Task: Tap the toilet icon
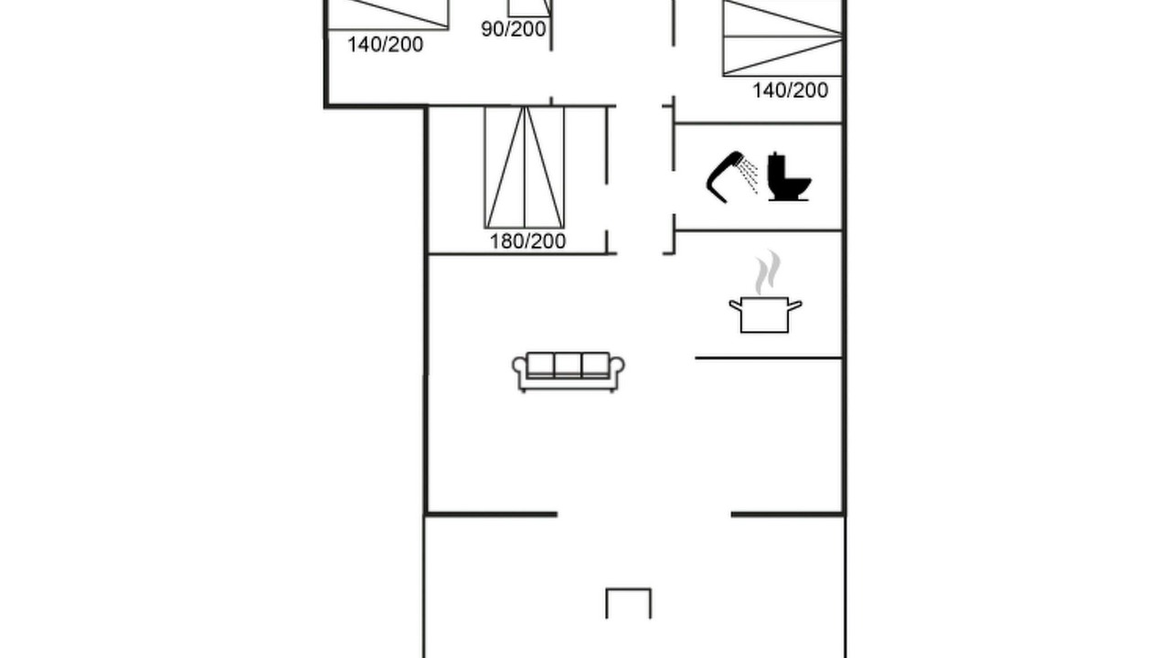coord(789,176)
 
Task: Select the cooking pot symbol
coord(765,315)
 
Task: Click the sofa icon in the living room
coord(569,372)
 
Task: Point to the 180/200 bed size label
coord(527,241)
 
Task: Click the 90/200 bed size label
coord(514,29)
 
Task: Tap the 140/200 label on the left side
coord(385,45)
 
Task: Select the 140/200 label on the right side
coord(790,90)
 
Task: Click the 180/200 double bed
coord(525,167)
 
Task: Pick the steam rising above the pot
coord(767,272)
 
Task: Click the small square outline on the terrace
coord(628,589)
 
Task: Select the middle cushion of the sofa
coord(568,365)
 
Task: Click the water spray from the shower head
coord(748,175)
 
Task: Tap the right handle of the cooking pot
coord(794,305)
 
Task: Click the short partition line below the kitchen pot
coord(769,358)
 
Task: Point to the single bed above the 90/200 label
coord(529,8)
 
